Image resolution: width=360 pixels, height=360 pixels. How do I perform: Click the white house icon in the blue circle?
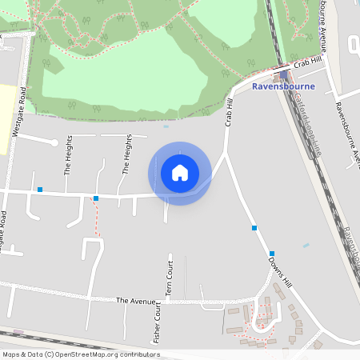point(180,173)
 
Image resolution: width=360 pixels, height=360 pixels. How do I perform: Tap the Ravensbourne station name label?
point(282,86)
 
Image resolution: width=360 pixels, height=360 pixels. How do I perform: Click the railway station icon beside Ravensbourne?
point(283,75)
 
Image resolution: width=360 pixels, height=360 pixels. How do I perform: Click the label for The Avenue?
point(133,300)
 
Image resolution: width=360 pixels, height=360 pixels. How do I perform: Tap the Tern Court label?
point(170,278)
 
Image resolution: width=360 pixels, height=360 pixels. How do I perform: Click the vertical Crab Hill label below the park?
point(230,113)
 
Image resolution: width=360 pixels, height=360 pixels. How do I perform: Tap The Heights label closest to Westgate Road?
point(68,155)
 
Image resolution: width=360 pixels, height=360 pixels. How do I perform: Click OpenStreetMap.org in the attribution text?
point(88,354)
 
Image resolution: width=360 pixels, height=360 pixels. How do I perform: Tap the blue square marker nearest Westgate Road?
point(39,190)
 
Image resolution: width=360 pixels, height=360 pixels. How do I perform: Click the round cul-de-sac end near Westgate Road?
point(54,142)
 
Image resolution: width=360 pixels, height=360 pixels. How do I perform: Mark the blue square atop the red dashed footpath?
point(96,198)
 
